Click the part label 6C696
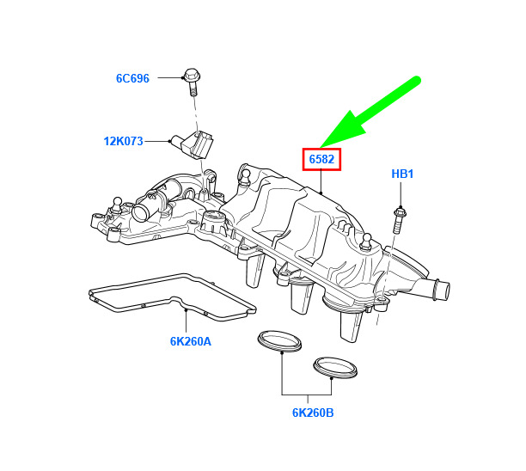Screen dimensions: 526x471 click(x=132, y=78)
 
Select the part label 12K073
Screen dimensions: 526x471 click(x=124, y=141)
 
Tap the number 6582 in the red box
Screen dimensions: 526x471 click(x=321, y=159)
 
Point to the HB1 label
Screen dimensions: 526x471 click(x=402, y=174)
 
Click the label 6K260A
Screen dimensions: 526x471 click(x=191, y=341)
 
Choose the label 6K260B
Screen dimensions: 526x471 click(x=313, y=413)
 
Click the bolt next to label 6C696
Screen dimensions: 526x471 click(x=192, y=82)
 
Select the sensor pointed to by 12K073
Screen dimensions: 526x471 click(x=193, y=145)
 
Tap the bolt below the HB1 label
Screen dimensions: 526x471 click(x=399, y=220)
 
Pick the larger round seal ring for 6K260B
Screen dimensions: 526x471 click(x=279, y=341)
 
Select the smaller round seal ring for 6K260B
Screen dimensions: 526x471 click(x=335, y=368)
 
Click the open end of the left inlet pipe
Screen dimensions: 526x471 click(x=138, y=212)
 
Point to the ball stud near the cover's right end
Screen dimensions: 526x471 click(x=367, y=242)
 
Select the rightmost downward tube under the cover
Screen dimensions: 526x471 click(x=352, y=326)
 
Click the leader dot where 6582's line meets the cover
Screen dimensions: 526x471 click(x=321, y=193)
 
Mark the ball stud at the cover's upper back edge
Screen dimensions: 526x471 click(x=245, y=177)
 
